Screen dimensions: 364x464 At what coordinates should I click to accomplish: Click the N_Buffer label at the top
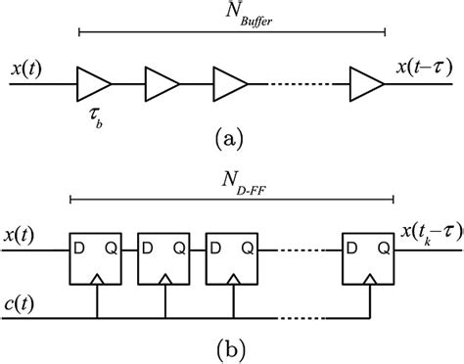point(233,16)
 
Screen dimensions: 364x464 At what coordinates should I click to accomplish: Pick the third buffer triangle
point(231,84)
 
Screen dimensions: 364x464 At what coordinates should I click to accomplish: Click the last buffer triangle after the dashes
point(367,84)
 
